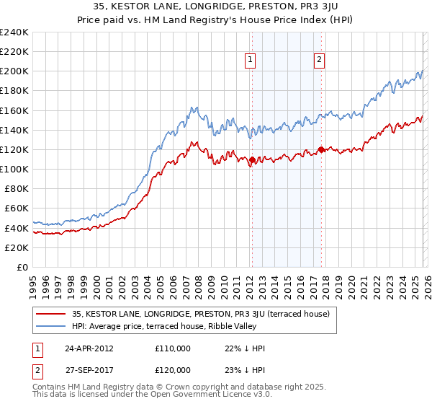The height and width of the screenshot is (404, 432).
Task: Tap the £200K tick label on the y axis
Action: tap(14, 71)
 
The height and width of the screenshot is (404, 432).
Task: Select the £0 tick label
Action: tap(22, 267)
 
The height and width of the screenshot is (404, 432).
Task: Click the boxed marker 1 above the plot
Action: tap(251, 61)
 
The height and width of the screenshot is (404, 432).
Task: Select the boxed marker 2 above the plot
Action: tap(318, 61)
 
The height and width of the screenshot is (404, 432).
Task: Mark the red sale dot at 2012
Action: tap(252, 159)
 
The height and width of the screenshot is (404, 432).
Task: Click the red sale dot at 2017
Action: tap(321, 150)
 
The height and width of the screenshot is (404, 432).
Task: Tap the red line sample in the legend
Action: tap(52, 314)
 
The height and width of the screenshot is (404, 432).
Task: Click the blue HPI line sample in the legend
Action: tap(52, 326)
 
